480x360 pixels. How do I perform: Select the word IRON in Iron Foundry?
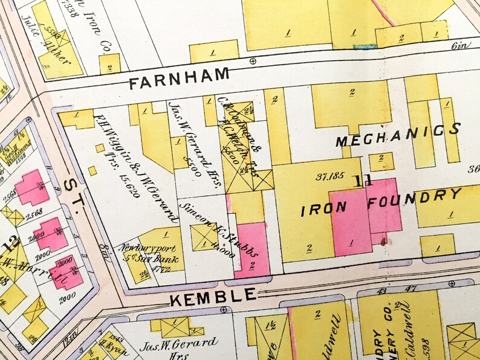click(x=325, y=208)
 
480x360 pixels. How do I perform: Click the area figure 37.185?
click(x=328, y=177)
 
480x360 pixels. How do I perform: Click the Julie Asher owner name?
click(x=39, y=39)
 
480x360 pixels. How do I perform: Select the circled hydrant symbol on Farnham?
click(x=252, y=60)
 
